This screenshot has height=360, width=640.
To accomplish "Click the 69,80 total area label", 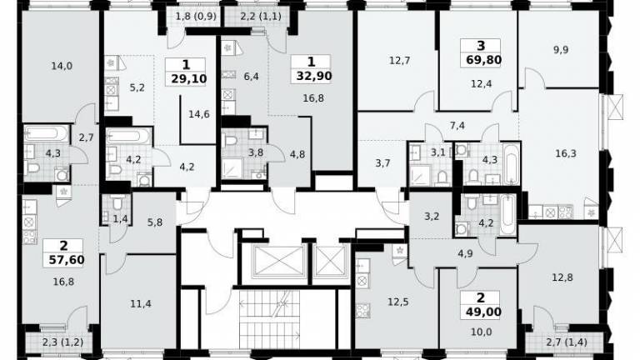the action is [x=483, y=60].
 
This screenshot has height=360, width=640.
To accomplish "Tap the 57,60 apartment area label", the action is [x=67, y=260].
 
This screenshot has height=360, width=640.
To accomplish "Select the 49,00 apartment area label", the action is [x=483, y=312].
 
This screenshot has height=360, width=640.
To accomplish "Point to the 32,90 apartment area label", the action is [x=314, y=76].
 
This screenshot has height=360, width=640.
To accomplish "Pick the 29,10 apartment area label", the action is [x=189, y=78].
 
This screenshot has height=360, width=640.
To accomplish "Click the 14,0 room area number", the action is [x=62, y=66].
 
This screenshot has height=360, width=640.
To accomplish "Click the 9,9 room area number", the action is [x=561, y=50].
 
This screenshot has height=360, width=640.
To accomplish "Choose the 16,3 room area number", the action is [x=566, y=153].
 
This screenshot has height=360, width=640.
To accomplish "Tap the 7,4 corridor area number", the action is [x=457, y=126].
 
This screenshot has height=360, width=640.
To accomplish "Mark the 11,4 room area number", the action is [x=141, y=303].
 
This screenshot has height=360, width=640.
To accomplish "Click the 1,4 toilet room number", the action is [x=120, y=220].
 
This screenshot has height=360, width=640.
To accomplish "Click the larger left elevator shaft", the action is [x=279, y=261].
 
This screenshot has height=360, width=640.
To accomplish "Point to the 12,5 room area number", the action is [x=398, y=302].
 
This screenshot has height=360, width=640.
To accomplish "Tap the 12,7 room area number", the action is [x=400, y=61].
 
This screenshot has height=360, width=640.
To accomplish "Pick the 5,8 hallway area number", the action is [x=155, y=222].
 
